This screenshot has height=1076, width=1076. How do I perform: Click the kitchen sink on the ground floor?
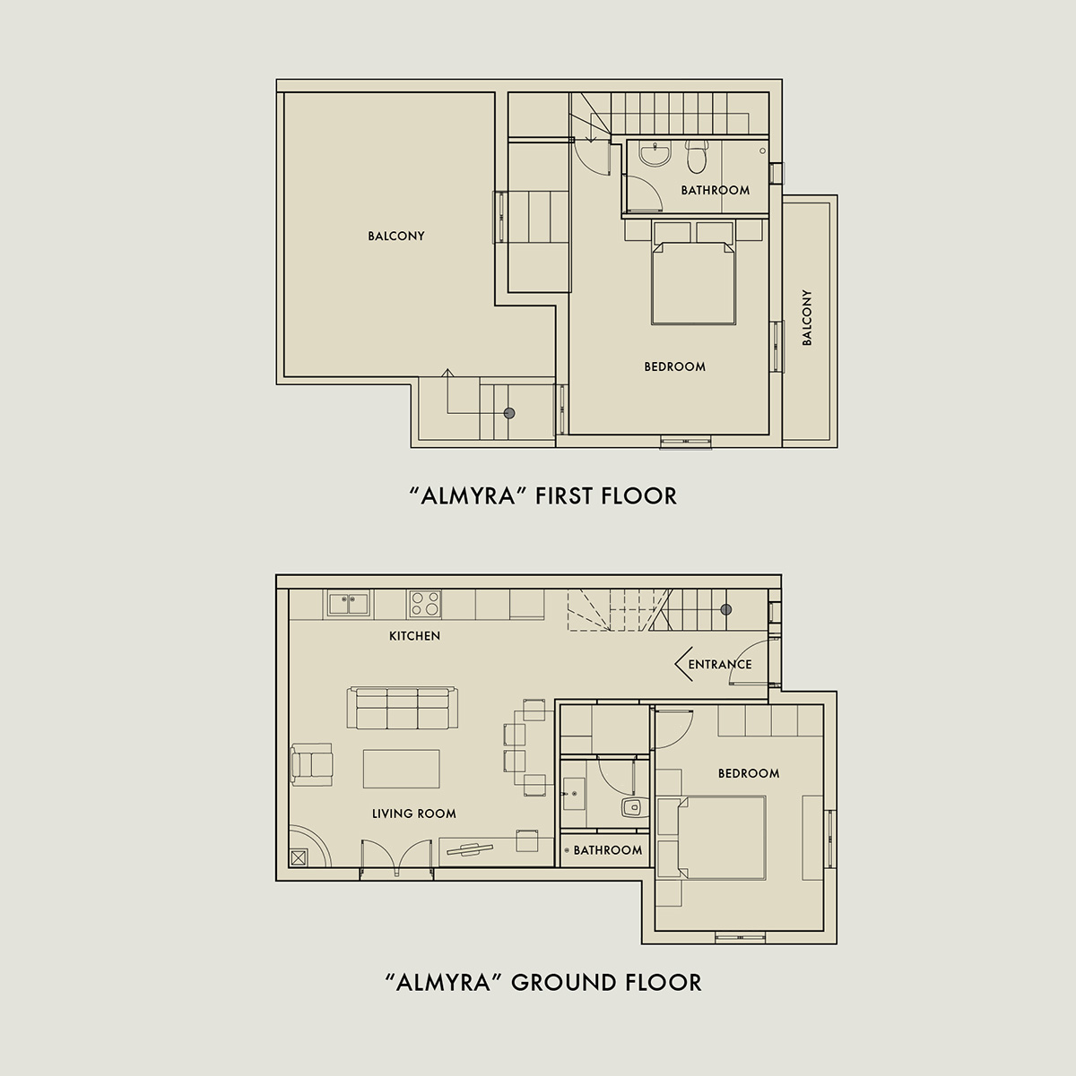click(x=348, y=604)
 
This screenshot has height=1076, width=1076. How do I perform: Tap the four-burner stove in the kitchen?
click(x=425, y=604)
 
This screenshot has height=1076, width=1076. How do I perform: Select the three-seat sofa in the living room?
click(x=403, y=708)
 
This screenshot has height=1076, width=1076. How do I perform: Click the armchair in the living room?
click(x=312, y=764)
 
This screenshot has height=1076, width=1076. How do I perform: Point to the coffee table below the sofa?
click(x=402, y=769)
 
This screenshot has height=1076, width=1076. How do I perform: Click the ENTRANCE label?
click(x=720, y=665)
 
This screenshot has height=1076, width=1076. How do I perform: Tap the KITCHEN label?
click(x=415, y=636)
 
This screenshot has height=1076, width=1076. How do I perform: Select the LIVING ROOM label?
click(x=414, y=814)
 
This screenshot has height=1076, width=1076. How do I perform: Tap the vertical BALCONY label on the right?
click(x=807, y=318)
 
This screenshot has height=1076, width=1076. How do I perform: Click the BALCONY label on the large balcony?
click(x=396, y=237)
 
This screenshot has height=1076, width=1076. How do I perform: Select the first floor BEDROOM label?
click(x=674, y=366)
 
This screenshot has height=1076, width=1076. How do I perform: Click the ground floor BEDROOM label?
click(x=749, y=773)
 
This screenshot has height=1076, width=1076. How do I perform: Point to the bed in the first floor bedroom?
click(x=693, y=282)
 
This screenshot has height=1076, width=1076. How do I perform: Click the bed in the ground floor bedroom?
click(x=721, y=839)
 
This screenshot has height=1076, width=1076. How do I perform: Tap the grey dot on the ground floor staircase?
click(x=726, y=610)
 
